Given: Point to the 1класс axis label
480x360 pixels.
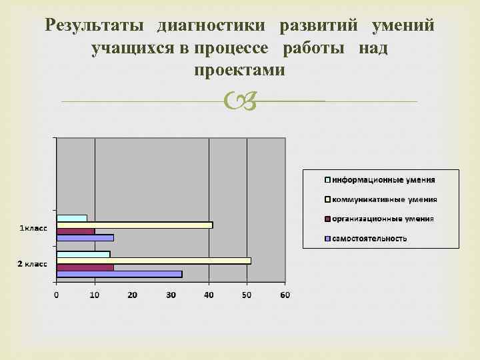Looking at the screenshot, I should click(33, 229).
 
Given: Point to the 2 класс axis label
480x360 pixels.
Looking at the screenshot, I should click(32, 264).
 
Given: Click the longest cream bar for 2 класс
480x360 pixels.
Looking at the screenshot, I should click(153, 260).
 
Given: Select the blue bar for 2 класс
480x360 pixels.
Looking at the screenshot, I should click(119, 273).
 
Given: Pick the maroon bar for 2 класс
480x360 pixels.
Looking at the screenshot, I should click(85, 267).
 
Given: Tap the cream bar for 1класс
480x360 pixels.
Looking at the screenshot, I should click(134, 225).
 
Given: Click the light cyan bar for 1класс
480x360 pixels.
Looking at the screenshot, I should click(71, 218).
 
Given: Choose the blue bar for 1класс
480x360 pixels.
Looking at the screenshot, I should click(85, 237).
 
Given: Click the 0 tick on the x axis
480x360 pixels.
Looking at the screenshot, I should click(57, 295).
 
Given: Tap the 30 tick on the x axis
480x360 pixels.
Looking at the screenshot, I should click(171, 295).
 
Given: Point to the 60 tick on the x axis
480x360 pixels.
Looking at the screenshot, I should click(285, 295).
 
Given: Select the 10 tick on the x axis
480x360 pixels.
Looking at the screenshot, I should click(95, 295).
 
